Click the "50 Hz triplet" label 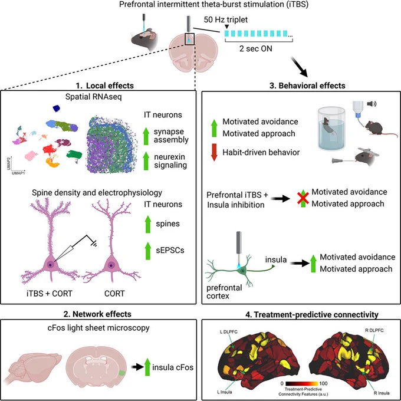tap(225, 19)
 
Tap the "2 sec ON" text tap(256, 48)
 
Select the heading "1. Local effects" tap(105, 86)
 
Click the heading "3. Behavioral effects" tap(307, 86)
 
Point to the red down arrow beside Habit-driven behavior tap(214, 152)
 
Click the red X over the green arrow tap(303, 198)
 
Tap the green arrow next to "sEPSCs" tap(148, 251)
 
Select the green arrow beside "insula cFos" tap(147, 367)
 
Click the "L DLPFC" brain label tap(229, 332)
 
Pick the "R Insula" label tap(382, 393)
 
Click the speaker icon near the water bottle tap(372, 104)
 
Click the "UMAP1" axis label tap(18, 173)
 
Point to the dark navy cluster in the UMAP tap(57, 109)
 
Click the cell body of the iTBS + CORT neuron tap(50, 264)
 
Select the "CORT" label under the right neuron tap(114, 293)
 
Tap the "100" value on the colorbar tap(323, 383)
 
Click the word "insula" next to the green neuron tap(276, 259)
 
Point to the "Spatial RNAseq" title tap(93, 97)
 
